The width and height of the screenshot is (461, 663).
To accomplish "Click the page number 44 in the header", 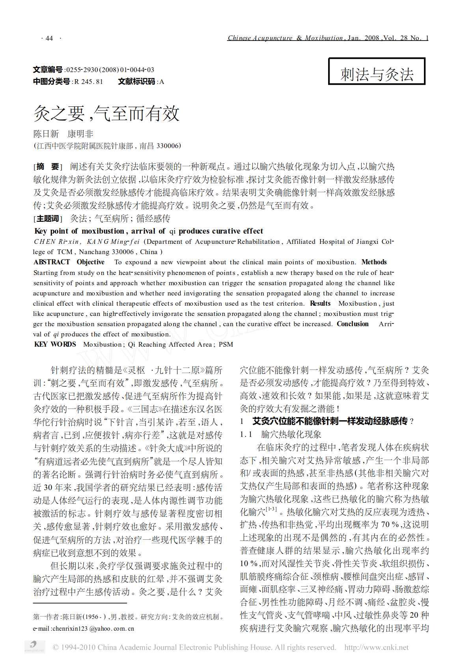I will click(49, 38).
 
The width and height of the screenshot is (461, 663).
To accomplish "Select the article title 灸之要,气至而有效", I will click(106, 113).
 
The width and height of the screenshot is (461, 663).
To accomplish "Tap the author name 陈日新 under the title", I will click(46, 134).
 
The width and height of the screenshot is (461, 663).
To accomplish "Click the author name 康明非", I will click(80, 134).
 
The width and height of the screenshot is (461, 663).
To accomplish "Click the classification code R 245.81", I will click(88, 82).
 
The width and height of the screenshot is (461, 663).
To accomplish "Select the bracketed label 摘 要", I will click(47, 167).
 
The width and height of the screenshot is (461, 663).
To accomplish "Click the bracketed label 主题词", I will click(47, 218).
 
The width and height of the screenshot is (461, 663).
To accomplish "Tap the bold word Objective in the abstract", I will click(90, 262).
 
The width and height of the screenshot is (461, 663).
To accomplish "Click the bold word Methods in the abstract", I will click(374, 262).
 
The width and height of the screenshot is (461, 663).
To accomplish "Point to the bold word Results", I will click(320, 303).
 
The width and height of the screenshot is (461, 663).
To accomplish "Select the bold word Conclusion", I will click(352, 324).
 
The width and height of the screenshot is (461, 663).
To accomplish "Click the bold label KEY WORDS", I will click(55, 344).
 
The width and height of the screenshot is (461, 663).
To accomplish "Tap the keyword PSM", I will click(226, 344).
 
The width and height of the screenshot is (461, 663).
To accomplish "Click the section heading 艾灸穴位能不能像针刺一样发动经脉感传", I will click(330, 421).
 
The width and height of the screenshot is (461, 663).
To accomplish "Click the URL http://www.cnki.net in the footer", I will click(376, 647).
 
